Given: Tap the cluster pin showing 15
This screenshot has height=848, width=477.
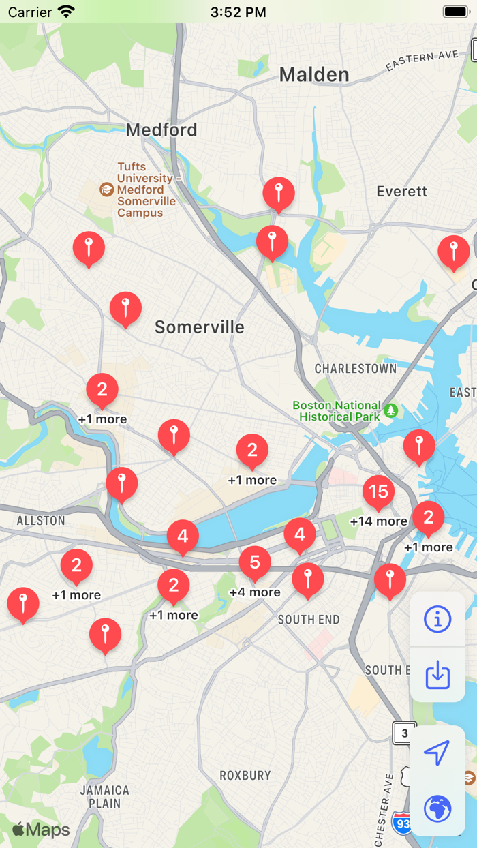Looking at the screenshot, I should [378, 491].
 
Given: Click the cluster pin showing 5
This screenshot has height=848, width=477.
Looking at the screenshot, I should [255, 562].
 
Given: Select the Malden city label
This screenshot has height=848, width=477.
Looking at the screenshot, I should [314, 74].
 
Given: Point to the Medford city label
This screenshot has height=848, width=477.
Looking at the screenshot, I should [161, 130].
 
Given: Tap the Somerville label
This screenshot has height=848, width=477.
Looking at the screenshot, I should [199, 327].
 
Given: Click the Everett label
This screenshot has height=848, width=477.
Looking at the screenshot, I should [402, 191].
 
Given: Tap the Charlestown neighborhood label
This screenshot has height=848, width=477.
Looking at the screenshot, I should [355, 369].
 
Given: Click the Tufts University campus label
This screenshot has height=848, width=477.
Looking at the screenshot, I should [146, 190].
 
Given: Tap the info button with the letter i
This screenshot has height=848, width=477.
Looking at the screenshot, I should [437, 619].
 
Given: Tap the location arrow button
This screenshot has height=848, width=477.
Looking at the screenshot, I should [437, 753].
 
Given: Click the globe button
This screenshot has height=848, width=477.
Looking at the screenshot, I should [437, 809].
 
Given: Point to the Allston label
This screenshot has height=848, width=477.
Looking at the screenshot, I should [41, 521].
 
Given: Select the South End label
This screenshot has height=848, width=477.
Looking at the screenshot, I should [309, 620].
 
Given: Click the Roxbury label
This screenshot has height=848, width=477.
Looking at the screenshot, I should [245, 775].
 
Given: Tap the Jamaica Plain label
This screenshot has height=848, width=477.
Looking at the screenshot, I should [104, 797].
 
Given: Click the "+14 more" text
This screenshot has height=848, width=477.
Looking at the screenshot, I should [378, 521].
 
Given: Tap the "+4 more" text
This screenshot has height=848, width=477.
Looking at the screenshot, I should [255, 592].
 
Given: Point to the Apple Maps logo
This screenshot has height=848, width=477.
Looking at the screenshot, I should [41, 830].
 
